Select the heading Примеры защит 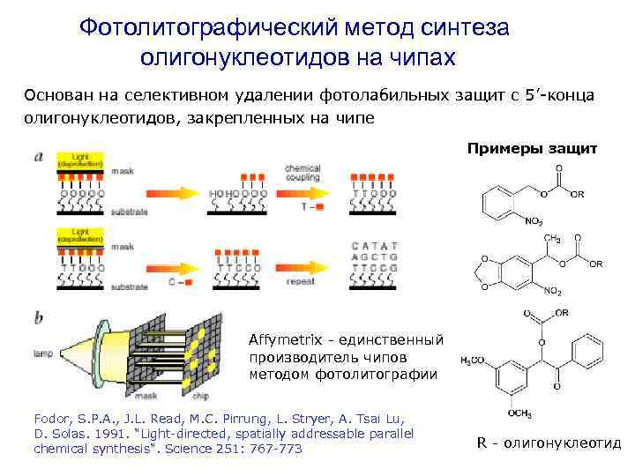tap(531, 149)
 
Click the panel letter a tap(38, 157)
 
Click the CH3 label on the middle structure tap(553, 239)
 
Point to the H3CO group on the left tap(473, 361)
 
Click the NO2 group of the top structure tap(535, 221)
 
